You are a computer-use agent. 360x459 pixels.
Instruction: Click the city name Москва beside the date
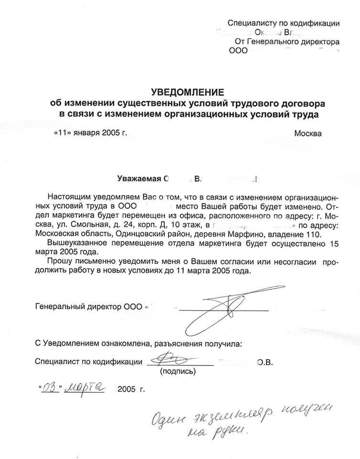click(x=307, y=133)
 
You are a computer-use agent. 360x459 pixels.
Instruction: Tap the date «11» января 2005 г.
click(x=91, y=133)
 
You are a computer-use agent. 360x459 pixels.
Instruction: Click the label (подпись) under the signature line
click(x=178, y=371)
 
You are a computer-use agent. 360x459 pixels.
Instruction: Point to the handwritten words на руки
click(x=218, y=431)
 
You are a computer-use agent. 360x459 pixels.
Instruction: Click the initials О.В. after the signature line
click(x=265, y=362)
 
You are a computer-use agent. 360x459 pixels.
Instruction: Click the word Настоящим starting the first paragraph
click(x=70, y=197)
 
